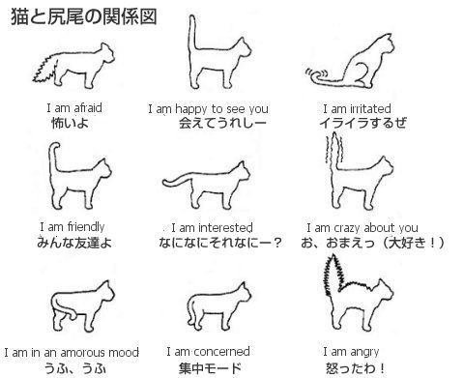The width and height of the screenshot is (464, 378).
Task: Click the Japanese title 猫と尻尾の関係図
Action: click(84, 16)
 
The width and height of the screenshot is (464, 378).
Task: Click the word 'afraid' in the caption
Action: click(88, 108)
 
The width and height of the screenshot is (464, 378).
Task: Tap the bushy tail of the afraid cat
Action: click(46, 69)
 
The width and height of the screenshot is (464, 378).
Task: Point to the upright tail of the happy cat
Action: click(192, 32)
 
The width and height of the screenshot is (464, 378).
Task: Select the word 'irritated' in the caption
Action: click(370, 108)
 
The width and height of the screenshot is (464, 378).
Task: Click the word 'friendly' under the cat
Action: click(86, 227)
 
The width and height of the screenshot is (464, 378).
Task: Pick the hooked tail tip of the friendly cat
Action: click(55, 147)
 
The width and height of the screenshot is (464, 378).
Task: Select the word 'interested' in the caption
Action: click(225, 228)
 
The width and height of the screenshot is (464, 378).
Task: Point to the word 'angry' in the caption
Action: click(364, 352)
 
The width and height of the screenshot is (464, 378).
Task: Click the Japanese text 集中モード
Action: click(210, 368)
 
